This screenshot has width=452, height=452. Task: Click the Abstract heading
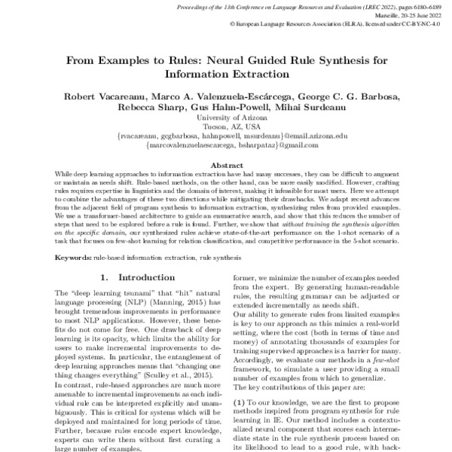pos(226,165)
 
